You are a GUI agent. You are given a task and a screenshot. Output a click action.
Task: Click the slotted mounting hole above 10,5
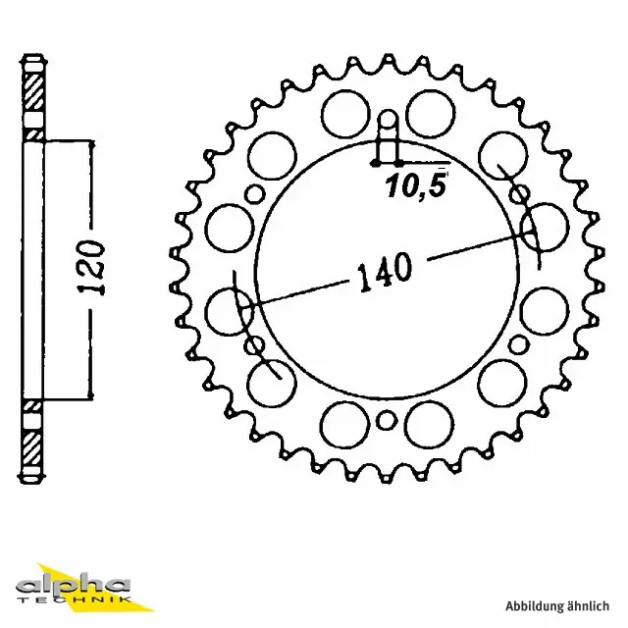click(389, 133)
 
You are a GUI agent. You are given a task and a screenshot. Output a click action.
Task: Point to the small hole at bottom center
click(388, 422)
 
